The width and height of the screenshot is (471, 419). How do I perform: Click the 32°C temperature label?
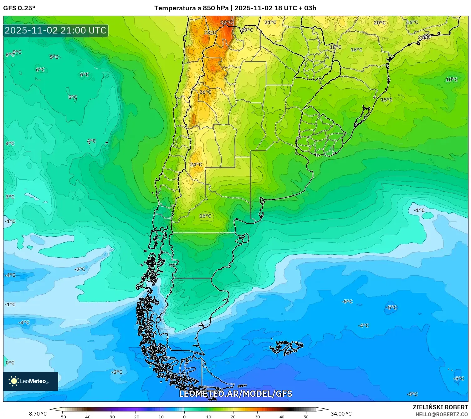click(x=226, y=23)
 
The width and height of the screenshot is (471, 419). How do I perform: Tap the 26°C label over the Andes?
click(x=205, y=92)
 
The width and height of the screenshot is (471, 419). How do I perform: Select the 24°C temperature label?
click(x=196, y=164)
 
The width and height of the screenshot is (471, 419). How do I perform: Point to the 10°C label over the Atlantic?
click(x=452, y=80)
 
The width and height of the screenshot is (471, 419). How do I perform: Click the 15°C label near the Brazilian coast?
click(x=387, y=100)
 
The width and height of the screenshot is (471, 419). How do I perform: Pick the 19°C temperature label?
click(x=247, y=30)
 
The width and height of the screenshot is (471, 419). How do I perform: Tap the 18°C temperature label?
click(x=335, y=47)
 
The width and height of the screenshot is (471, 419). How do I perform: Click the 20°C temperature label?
click(x=380, y=23)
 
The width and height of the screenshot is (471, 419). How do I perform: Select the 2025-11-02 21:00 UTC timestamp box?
click(x=56, y=30)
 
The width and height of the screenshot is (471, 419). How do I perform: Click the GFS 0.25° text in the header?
click(x=19, y=8)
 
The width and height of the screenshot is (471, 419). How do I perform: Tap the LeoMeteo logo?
click(x=30, y=381)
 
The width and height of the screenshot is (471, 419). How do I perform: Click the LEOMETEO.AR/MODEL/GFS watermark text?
click(x=235, y=394)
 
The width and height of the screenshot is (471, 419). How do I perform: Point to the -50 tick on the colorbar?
click(x=62, y=416)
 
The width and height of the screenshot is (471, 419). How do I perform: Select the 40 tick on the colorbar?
click(x=282, y=416)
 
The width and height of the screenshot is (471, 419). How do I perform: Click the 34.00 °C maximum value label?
click(x=341, y=414)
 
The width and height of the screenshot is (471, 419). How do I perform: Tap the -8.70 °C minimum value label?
click(x=37, y=414)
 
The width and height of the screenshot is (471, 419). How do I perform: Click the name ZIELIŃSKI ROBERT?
click(x=440, y=407)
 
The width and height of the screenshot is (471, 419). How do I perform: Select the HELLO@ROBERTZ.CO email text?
click(x=441, y=414)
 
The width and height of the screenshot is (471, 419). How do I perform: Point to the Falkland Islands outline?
click(x=286, y=347)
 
